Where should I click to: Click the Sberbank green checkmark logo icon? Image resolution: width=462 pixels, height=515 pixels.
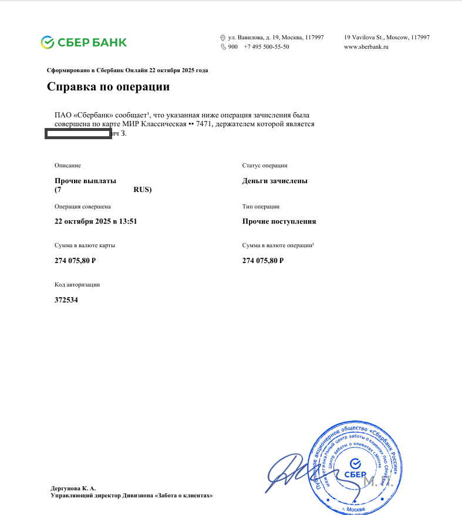point(48,42)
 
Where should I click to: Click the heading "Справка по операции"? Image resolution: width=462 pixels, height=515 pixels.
point(108,87)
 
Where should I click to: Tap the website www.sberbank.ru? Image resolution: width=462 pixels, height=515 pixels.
point(366,46)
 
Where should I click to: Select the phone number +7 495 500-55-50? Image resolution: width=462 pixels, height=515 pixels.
point(266,46)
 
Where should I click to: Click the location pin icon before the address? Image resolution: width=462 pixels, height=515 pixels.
point(223,38)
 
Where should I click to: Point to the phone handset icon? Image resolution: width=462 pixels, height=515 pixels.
point(223,46)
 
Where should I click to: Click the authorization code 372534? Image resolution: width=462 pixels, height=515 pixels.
point(66,299)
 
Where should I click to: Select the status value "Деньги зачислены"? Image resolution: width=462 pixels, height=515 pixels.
point(275,181)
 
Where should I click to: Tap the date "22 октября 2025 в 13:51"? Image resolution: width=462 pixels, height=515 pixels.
point(96,221)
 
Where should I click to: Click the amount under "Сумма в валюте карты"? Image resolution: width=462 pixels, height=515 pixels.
point(75,260)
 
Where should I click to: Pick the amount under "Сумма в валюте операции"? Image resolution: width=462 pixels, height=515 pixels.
point(263,260)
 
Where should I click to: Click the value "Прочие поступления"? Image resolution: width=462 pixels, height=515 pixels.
point(279,221)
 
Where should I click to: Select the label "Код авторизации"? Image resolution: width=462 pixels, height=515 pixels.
point(77,284)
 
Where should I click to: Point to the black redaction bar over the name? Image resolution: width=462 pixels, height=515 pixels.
point(79,134)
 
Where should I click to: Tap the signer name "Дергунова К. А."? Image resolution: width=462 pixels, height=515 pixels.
point(73,488)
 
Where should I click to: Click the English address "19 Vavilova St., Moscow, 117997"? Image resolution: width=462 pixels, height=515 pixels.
point(386,37)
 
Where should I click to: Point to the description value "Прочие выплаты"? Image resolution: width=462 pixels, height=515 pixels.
point(85,181)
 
